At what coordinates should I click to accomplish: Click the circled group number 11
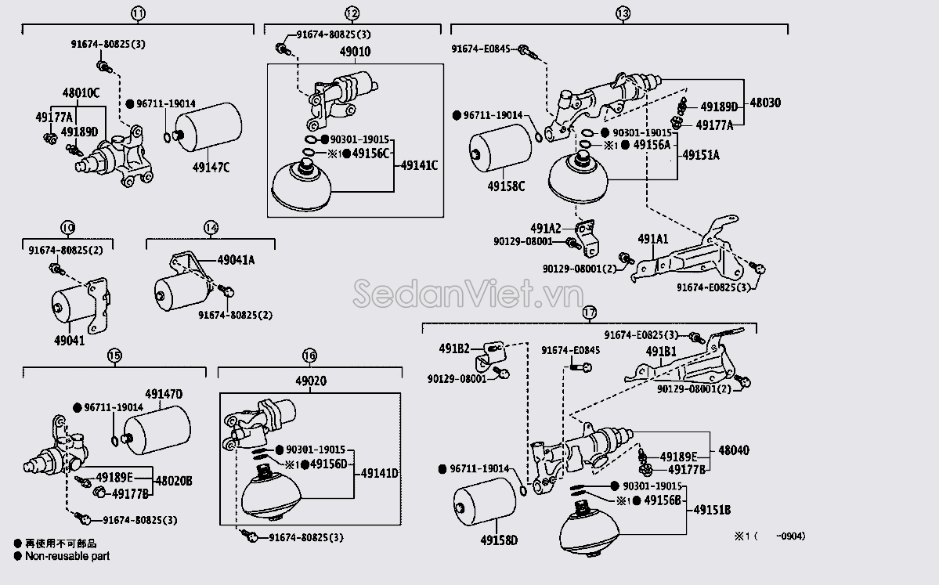click(138, 13)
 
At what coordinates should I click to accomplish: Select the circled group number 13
click(623, 13)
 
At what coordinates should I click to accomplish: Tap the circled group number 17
click(590, 312)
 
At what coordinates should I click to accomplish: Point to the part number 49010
click(355, 52)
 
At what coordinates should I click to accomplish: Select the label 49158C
click(506, 186)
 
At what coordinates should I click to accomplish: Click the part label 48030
click(765, 103)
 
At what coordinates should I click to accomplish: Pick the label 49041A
click(236, 259)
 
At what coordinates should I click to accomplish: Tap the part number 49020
click(310, 381)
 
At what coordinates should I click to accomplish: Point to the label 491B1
click(661, 351)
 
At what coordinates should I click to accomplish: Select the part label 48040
click(733, 450)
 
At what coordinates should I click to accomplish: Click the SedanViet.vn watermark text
click(468, 296)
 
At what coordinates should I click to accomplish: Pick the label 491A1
click(652, 240)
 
